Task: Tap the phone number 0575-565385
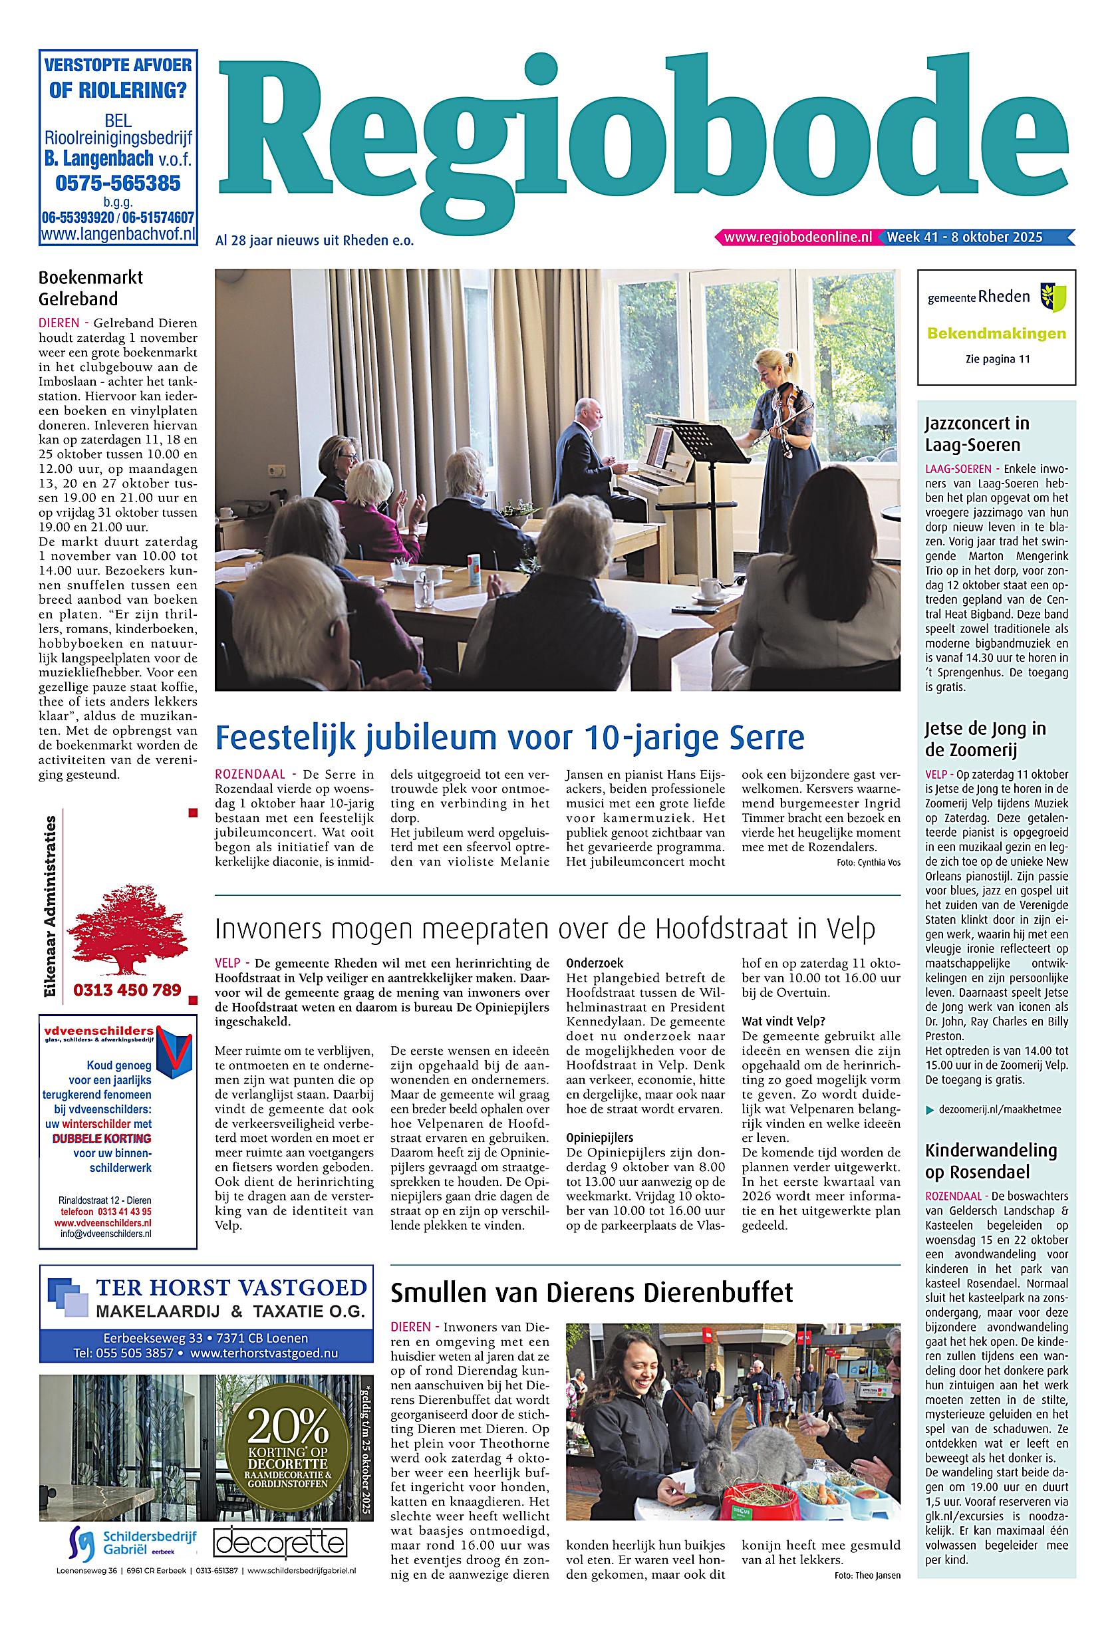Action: (118, 184)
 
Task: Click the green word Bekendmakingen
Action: (996, 333)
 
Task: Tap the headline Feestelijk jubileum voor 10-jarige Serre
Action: (510, 738)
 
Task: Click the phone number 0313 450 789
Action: (127, 990)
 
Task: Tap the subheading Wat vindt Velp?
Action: (783, 1021)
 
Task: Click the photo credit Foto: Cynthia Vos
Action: (869, 863)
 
